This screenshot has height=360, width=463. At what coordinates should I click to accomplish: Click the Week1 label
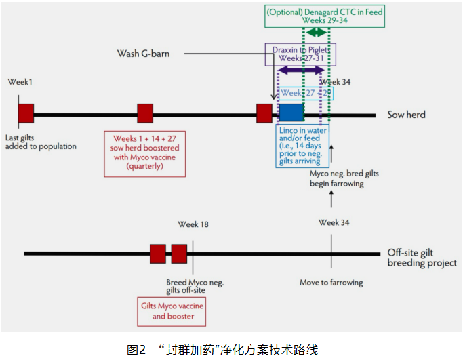point(20,82)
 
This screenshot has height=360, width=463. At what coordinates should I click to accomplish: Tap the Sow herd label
point(406,115)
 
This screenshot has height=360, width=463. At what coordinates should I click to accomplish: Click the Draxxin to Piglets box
point(300,54)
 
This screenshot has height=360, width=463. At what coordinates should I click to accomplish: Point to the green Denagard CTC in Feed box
point(324,16)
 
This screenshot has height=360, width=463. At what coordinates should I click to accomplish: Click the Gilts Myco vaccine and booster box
point(172,311)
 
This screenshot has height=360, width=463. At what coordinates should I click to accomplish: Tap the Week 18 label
point(193,224)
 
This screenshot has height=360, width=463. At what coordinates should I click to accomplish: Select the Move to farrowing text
point(331,283)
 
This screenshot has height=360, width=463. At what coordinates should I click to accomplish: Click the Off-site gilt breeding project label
point(422,258)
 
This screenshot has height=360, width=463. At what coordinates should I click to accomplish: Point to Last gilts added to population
point(41,141)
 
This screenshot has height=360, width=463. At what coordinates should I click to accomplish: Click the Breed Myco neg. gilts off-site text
point(195,286)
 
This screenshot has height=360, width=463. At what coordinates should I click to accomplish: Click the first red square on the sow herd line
point(26,113)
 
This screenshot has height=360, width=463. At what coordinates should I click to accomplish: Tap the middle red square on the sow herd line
point(145,113)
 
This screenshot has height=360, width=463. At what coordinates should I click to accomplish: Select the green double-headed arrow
point(315,33)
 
